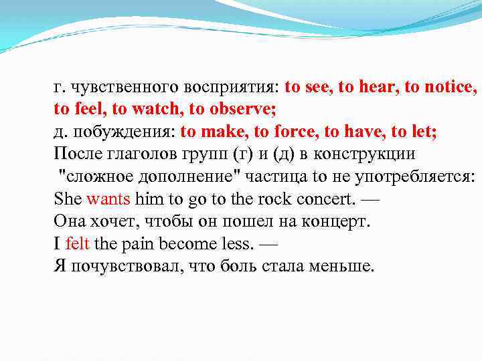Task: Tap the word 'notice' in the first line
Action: (450, 87)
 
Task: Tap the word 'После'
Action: (78, 154)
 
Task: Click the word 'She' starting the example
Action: (68, 199)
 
